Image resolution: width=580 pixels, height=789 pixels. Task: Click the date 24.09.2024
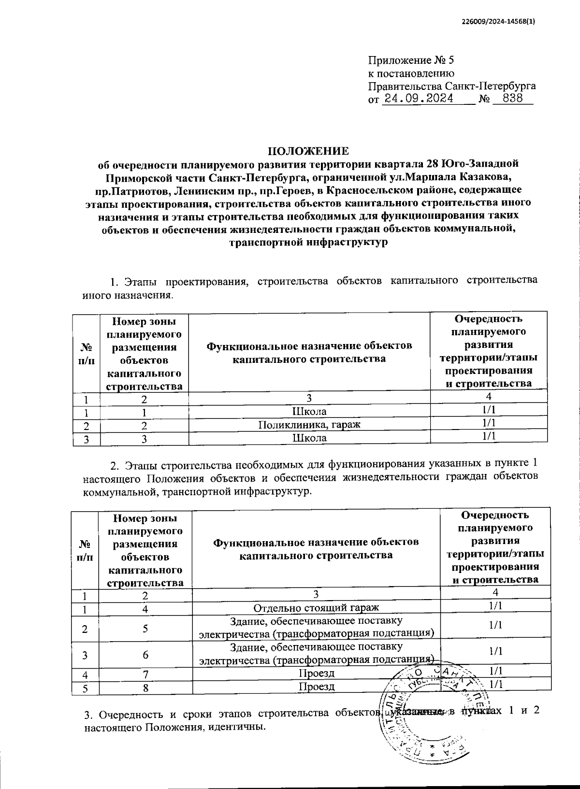(x=418, y=99)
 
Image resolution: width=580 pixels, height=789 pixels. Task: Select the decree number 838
(x=513, y=99)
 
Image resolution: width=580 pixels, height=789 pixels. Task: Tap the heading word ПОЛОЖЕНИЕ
(x=308, y=150)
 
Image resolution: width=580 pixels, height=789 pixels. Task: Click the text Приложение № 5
(x=411, y=60)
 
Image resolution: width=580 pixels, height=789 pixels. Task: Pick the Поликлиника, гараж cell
(x=309, y=425)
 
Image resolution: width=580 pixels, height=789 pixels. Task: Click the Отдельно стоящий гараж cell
(x=316, y=607)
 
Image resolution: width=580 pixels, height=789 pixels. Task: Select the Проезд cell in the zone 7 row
(x=316, y=673)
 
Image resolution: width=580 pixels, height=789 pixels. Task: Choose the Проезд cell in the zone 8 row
(x=316, y=686)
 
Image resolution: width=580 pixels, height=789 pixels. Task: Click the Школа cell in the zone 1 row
(x=309, y=412)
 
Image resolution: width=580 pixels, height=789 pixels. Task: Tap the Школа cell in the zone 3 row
(x=309, y=438)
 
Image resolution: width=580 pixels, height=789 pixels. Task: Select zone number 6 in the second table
(x=145, y=655)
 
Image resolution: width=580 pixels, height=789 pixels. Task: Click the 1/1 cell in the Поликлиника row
(x=489, y=423)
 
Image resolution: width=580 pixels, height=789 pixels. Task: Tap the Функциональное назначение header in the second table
(x=316, y=548)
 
